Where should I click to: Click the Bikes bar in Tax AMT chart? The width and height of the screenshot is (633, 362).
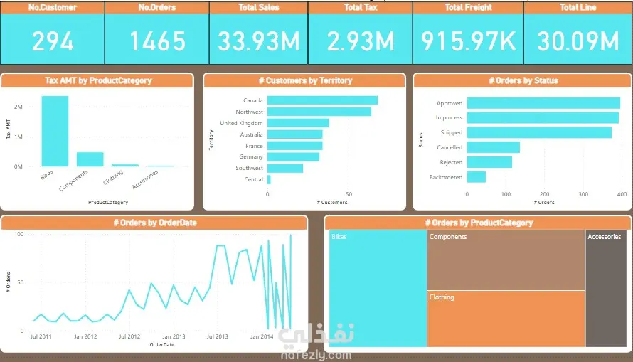pos(55,131)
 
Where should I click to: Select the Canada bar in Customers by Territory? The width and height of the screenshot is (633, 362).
pos(322,100)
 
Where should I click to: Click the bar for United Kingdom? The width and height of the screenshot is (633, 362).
pos(298,123)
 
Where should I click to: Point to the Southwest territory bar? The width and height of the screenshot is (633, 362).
pos(285,168)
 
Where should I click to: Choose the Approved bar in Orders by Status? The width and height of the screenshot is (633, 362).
pos(543,103)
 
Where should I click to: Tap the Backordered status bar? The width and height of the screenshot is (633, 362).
pos(476,177)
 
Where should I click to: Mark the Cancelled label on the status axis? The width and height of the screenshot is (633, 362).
pos(449,147)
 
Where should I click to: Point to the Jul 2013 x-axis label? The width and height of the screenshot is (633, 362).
pos(217,336)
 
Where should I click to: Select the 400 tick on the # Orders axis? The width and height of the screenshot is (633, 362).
pos(622,193)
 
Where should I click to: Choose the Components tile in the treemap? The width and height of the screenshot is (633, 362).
pos(506,260)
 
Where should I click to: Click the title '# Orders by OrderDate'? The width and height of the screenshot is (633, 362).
pos(154,223)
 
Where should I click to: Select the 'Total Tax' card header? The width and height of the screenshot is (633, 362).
pos(361,7)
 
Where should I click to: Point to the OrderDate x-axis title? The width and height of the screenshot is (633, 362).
pos(161,344)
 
